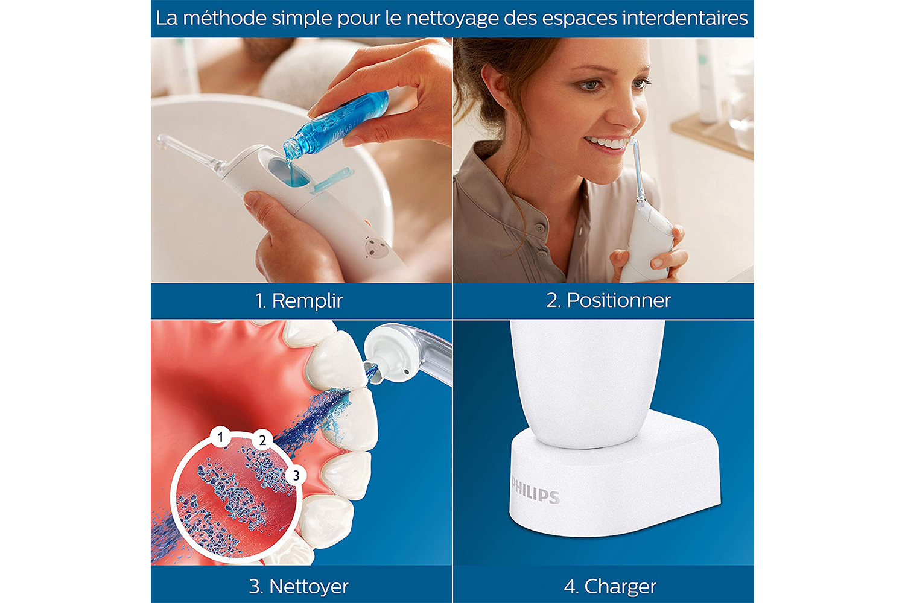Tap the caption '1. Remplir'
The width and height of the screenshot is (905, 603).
tap(299, 300)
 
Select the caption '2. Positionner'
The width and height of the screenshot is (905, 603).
tap(608, 300)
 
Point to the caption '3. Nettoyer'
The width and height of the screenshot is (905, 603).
tap(299, 587)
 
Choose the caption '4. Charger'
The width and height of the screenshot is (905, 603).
tap(610, 587)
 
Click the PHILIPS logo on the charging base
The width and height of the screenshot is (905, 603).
tap(535, 490)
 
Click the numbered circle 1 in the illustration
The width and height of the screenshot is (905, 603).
tap(220, 437)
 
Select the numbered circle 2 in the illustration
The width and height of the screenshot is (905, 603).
tap(262, 440)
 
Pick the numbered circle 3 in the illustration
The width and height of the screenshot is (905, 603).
tap(296, 475)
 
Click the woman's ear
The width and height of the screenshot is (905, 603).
tap(491, 87)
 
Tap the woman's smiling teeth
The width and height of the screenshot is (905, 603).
tap(608, 142)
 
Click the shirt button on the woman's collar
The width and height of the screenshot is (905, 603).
tap(539, 228)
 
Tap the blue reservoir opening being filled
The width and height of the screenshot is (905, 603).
tap(289, 173)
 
